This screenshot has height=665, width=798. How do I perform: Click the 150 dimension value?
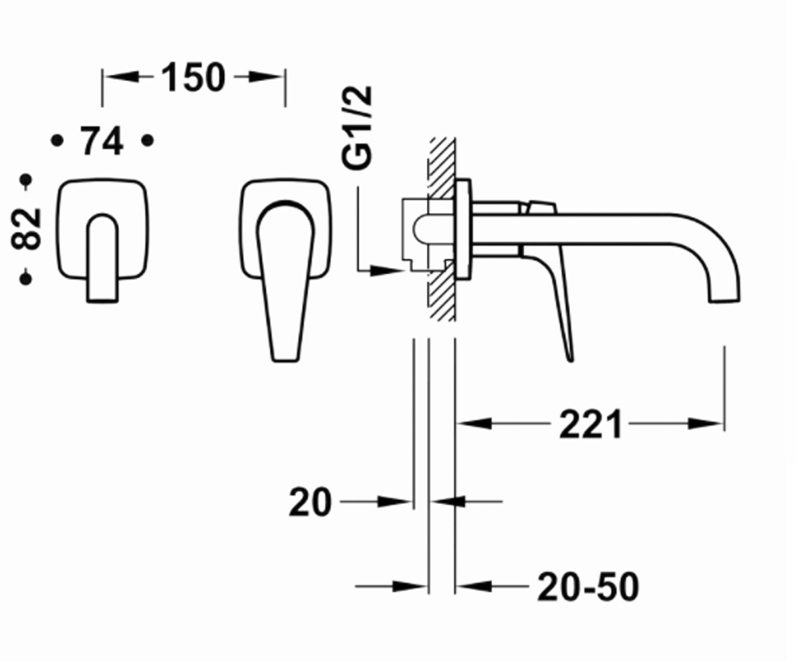[193, 77]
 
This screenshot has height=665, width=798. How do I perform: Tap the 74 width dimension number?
[102, 141]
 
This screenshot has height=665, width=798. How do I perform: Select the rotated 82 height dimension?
[26, 229]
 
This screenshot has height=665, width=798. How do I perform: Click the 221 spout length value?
[591, 424]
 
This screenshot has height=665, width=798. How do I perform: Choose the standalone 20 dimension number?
[310, 502]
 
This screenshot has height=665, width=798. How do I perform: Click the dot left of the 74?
[57, 141]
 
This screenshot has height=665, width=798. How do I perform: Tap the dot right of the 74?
[148, 141]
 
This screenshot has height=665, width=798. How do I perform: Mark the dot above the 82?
[26, 180]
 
